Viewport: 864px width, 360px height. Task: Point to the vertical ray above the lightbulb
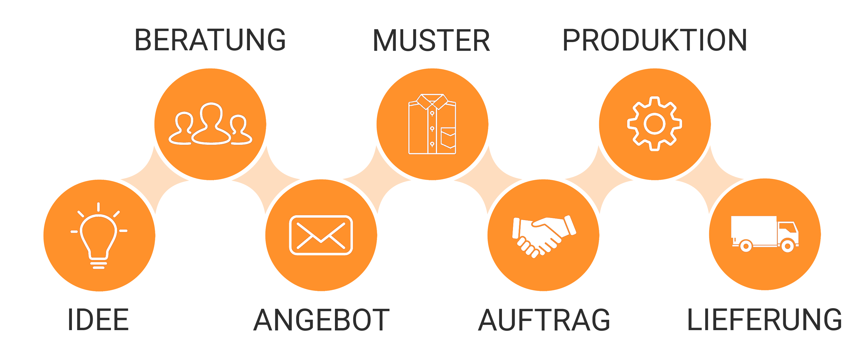click(x=98, y=207)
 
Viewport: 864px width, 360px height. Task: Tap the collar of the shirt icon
click(x=432, y=101)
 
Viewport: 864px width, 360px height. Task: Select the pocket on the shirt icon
click(x=448, y=137)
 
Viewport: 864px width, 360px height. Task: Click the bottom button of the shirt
click(x=432, y=144)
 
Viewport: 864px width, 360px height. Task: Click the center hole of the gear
click(x=654, y=124)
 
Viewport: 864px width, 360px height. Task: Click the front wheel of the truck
click(x=787, y=246)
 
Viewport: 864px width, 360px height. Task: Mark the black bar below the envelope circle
click(x=321, y=319)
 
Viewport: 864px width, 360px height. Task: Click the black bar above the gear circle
click(x=654, y=40)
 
